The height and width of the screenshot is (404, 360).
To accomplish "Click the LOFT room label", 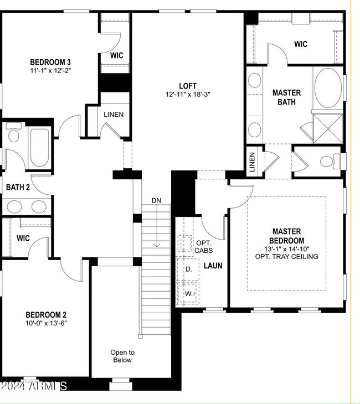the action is coord(188,86).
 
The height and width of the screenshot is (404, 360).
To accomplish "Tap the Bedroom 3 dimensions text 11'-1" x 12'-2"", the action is coord(50,70).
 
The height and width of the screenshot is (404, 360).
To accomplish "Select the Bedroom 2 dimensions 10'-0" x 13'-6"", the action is coord(46,323).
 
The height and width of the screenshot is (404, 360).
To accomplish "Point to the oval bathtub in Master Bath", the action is coord(328,88).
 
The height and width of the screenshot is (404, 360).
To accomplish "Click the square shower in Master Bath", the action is coord(328,128).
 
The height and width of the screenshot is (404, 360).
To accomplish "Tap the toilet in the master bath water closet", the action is coord(330,161).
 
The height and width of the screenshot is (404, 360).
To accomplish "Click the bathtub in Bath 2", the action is coord(39,148).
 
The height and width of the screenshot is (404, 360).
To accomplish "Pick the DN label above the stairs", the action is coord(156,200).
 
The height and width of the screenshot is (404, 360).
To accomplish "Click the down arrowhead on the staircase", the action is coord(157,245).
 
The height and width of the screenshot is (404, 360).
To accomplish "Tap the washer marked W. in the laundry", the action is coord(188,293).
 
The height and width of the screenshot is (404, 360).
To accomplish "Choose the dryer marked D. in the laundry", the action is coord(188,270).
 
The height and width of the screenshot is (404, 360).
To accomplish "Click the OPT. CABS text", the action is coord(203,247).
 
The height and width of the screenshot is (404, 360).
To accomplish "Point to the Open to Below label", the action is coord(122,356).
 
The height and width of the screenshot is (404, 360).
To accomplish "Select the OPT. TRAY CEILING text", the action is coord(286,257).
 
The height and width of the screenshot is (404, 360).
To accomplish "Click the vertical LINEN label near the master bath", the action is coord(252,162).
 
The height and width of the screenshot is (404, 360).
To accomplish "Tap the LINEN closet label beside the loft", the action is coord(114,115).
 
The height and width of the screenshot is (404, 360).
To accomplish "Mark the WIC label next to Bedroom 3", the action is coord(116,55).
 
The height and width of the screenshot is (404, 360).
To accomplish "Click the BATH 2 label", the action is coord(18,187).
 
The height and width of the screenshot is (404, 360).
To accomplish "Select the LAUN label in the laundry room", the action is coord(213,266).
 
